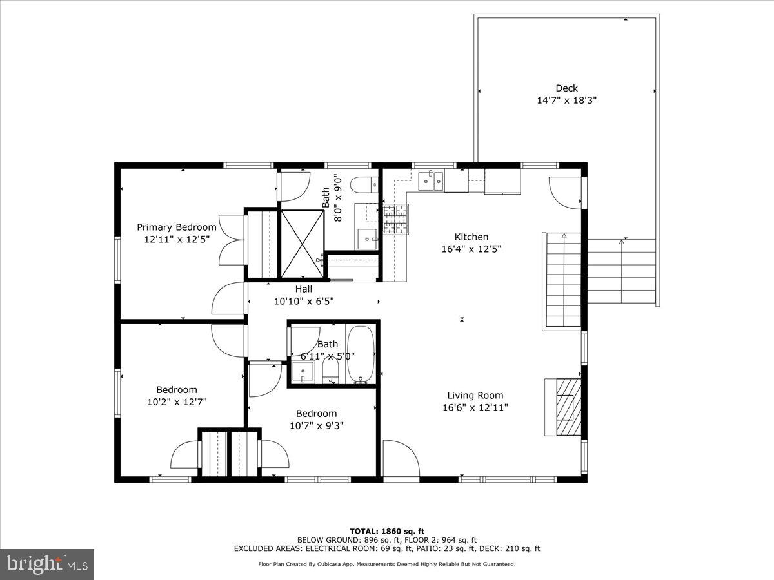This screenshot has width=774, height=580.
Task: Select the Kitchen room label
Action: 471,237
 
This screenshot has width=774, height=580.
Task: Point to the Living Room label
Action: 475,395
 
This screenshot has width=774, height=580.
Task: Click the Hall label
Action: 304,289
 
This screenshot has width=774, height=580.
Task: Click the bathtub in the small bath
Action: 361,354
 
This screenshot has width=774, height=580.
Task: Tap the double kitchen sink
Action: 430,181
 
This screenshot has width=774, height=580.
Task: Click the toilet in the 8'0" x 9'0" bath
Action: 364,184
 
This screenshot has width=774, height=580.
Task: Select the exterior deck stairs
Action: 621,271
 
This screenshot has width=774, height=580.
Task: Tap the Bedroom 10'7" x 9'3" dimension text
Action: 316,426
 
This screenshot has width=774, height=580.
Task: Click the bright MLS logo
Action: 47,564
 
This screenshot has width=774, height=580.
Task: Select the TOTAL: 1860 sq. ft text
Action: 386,531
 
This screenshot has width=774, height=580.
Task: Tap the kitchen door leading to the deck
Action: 566,193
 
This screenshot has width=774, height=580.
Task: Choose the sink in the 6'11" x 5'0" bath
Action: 302,372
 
